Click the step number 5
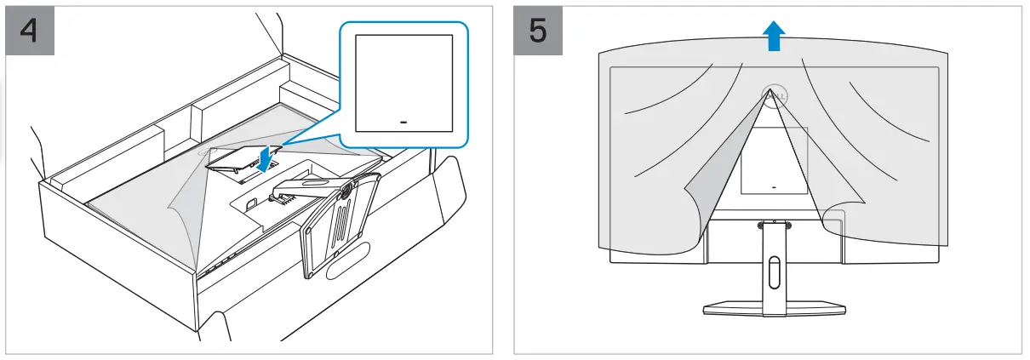click(x=539, y=31)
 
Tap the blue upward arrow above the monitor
click(x=773, y=37)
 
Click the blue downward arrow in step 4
click(x=267, y=157)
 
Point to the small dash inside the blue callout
click(x=403, y=122)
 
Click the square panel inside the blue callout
click(x=403, y=83)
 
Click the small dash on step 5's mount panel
click(x=773, y=185)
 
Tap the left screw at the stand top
click(x=759, y=226)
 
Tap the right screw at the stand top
click(x=787, y=226)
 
